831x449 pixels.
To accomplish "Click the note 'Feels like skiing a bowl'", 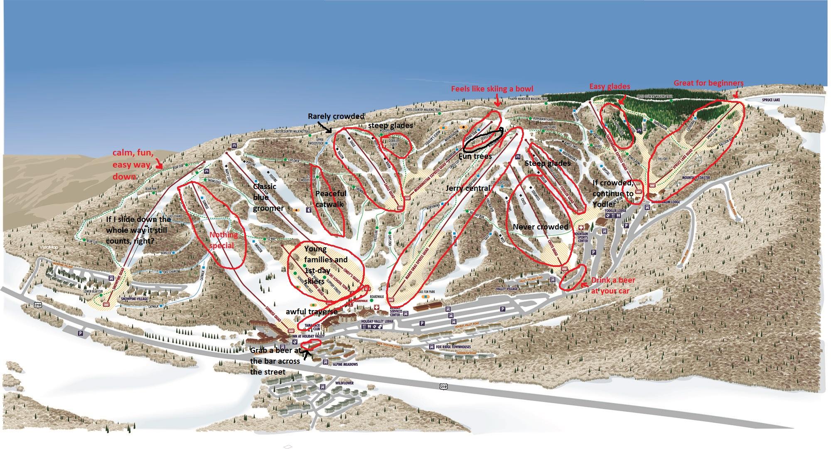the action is pyautogui.click(x=492, y=89).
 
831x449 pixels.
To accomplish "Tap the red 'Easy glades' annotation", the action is pyautogui.click(x=610, y=86).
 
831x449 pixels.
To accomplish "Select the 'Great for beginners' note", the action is pyautogui.click(x=708, y=83).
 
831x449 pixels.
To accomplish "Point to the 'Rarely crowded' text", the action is pyautogui.click(x=336, y=116).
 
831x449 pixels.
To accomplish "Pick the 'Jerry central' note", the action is pyautogui.click(x=467, y=188).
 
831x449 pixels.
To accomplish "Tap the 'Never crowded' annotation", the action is pyautogui.click(x=540, y=227).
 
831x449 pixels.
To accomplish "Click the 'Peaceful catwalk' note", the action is pyautogui.click(x=331, y=199).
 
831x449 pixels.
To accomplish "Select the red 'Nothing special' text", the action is pyautogui.click(x=224, y=240).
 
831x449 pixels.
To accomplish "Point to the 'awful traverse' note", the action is pyautogui.click(x=312, y=311).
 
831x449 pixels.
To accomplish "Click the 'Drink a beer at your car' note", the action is pyautogui.click(x=610, y=286).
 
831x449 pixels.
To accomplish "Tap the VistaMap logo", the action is pyautogui.click(x=47, y=248).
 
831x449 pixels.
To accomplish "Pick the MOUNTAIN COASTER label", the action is pyautogui.click(x=696, y=178).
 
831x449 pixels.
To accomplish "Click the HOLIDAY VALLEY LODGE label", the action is pyautogui.click(x=377, y=321).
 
